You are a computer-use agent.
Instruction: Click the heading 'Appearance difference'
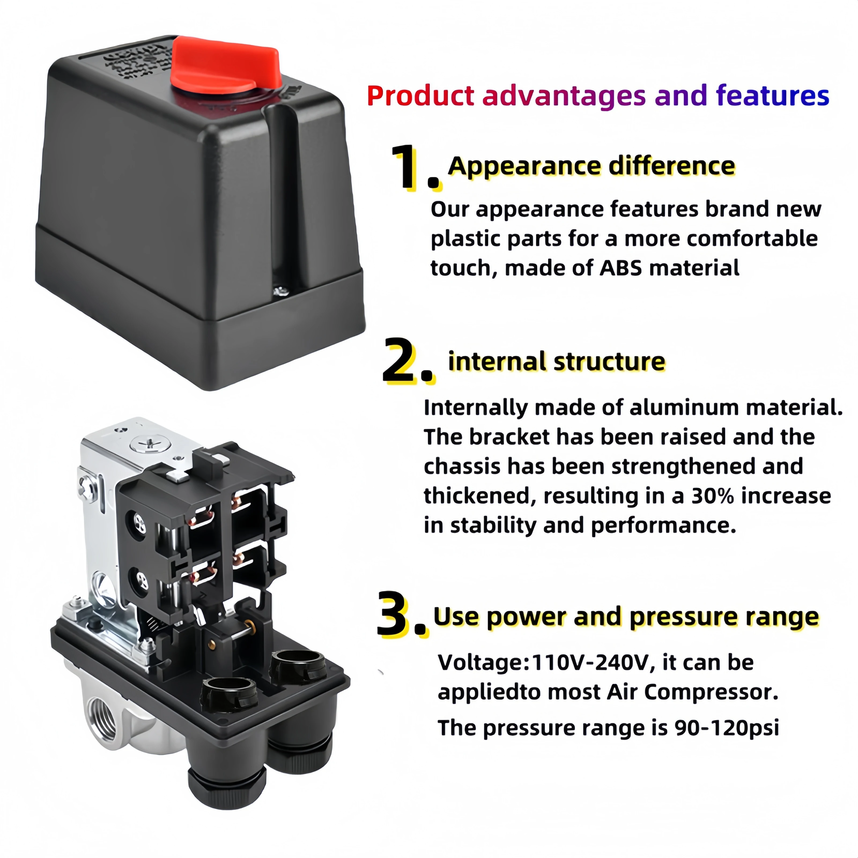tap(591, 166)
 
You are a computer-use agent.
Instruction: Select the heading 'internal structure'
tap(556, 361)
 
